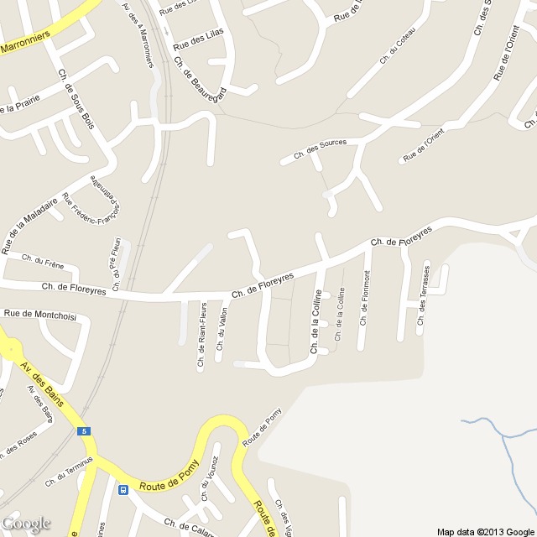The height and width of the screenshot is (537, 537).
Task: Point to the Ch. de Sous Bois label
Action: pos(76,98)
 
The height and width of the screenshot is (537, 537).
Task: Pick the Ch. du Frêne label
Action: pos(43,259)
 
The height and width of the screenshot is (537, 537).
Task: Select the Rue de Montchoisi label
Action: pos(40,314)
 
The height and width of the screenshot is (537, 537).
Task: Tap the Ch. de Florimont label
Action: pos(365,298)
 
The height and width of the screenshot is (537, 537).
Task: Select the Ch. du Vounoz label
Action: pos(209,479)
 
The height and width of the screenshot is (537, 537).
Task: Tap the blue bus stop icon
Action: pos(123,489)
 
